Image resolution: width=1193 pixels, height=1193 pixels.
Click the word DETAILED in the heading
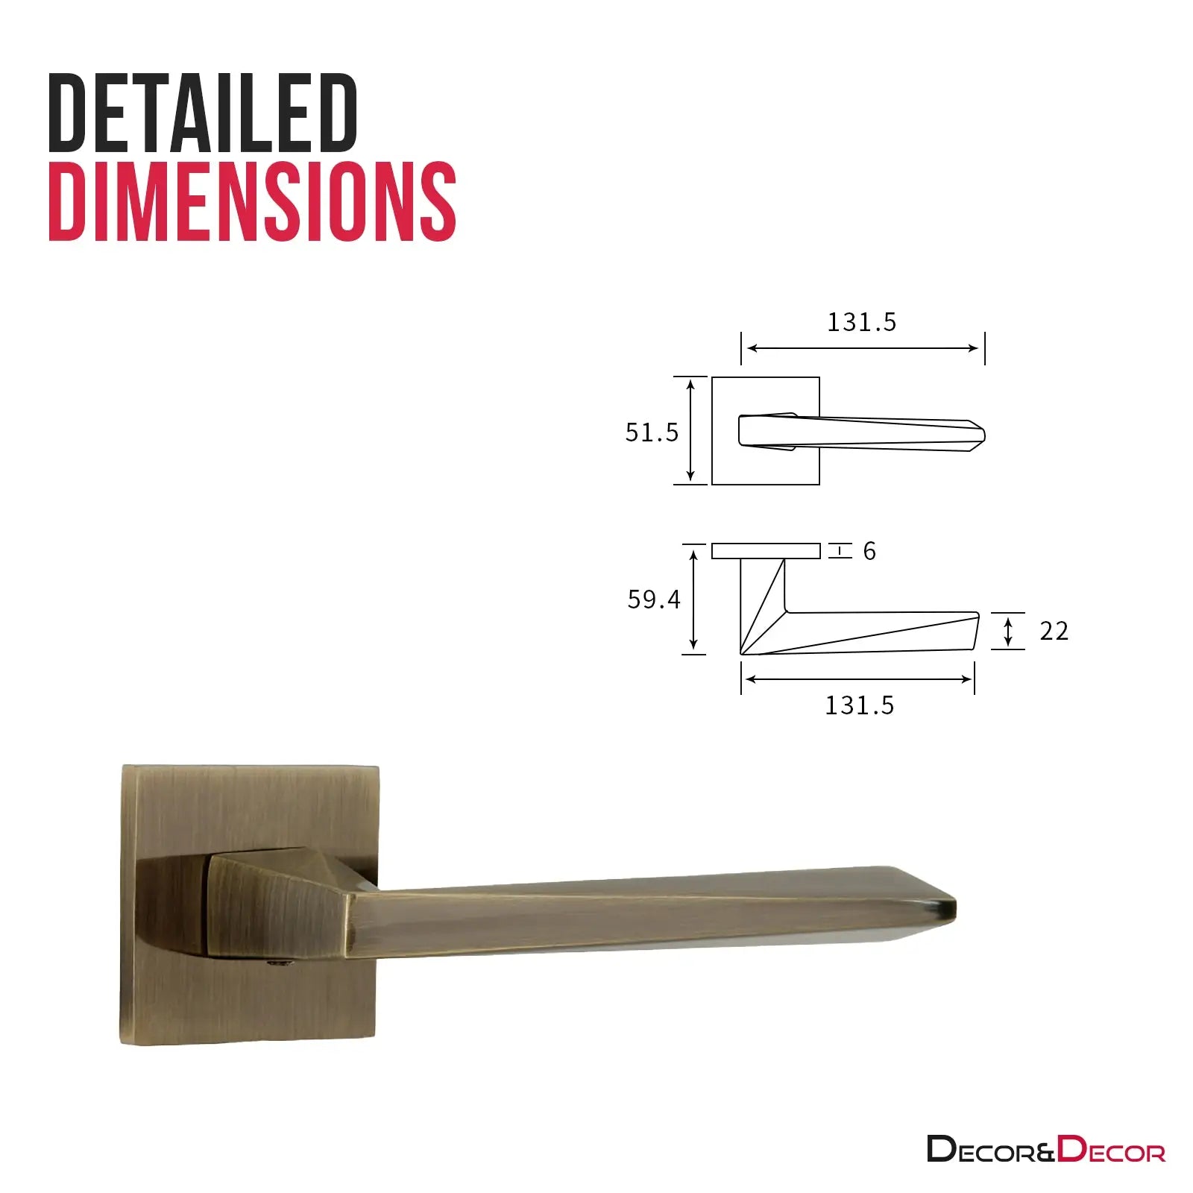[204, 113]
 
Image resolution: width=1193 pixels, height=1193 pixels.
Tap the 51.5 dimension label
[652, 432]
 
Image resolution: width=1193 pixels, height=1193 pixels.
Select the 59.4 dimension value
[654, 599]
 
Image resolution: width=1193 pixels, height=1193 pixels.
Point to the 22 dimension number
[1054, 632]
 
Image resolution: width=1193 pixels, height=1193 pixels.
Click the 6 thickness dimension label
[869, 551]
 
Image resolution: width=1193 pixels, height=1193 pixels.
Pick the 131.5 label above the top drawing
[862, 322]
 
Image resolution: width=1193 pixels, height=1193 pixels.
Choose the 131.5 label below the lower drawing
[859, 705]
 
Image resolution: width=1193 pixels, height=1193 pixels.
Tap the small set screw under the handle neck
[280, 965]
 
